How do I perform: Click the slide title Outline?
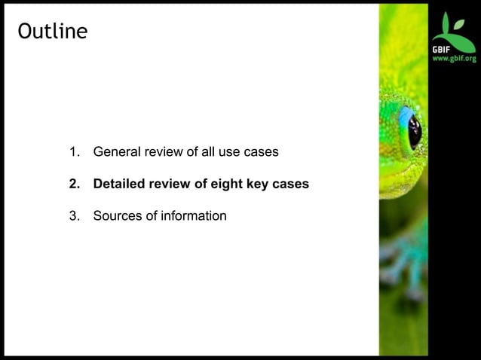coord(52,32)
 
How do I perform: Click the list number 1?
coord(74,152)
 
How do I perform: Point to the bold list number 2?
coord(74,184)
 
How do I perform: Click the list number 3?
coord(74,216)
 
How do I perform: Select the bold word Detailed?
coord(119,184)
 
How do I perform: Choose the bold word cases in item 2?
coord(291,184)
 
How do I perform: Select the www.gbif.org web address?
coord(454,59)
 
